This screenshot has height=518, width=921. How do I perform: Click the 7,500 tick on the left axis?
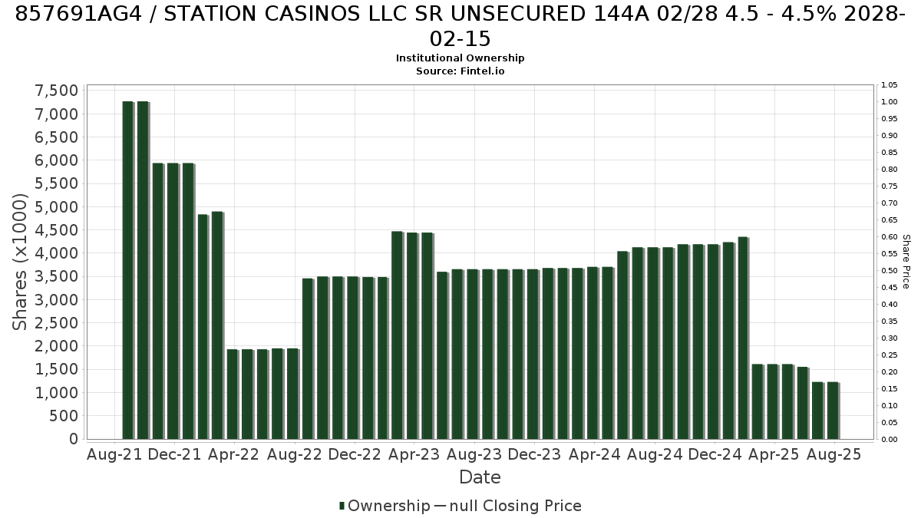[x=56, y=91]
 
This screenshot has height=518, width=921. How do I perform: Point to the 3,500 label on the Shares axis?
[x=56, y=277]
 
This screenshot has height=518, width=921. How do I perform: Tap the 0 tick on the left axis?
[x=74, y=439]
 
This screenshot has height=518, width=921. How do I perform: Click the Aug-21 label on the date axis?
[x=114, y=454]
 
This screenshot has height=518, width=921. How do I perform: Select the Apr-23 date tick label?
[x=414, y=454]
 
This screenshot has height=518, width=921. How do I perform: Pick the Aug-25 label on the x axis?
[x=834, y=454]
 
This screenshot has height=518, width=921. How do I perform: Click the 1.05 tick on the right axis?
[x=889, y=85]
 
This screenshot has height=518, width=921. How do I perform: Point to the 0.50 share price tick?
[x=889, y=270]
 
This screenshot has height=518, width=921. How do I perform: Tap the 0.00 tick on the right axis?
[x=889, y=440]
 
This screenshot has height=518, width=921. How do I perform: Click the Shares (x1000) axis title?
[x=19, y=262]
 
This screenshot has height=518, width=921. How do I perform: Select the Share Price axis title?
[x=906, y=262]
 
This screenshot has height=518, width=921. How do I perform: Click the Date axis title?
[x=480, y=477]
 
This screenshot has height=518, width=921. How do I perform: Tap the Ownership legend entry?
[x=385, y=506]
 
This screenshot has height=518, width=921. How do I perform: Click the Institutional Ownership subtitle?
[x=460, y=58]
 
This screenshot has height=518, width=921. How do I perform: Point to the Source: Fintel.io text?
[x=460, y=71]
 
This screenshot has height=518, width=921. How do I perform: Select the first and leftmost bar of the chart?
[x=128, y=270]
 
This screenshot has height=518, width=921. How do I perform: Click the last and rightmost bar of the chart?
[x=833, y=411]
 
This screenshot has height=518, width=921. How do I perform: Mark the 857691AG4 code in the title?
[x=78, y=14]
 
